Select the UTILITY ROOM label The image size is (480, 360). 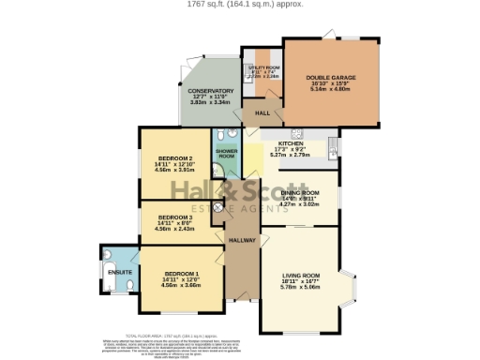click(x=264, y=68)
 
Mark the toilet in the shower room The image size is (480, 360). click(x=217, y=171)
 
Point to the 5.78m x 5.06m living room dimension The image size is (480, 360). click(x=301, y=287)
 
